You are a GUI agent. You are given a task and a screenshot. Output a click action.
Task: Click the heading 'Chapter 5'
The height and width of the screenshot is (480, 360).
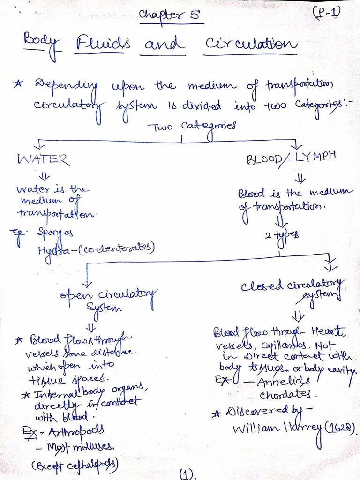click(x=172, y=15)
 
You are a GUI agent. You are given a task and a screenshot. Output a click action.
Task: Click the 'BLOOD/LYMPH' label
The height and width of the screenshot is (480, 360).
click(x=291, y=158)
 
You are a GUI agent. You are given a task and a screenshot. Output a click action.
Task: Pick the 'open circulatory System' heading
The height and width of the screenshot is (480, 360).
click(x=109, y=300)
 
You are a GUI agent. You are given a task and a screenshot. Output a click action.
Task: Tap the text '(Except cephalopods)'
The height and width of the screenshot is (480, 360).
click(x=75, y=465)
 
